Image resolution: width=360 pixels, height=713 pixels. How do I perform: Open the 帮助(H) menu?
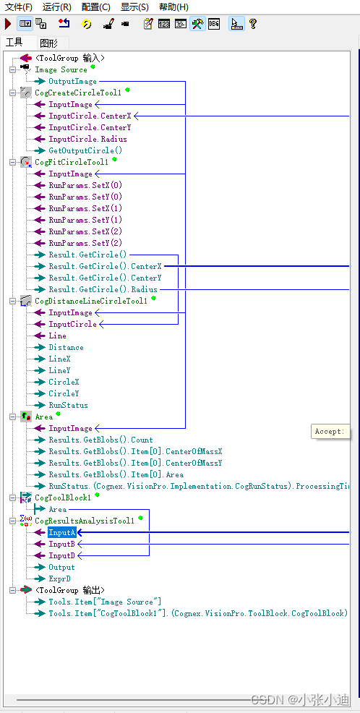tap(173, 7)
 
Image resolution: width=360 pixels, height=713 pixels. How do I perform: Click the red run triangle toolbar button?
tap(8, 24)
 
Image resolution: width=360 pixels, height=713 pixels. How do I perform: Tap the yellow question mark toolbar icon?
tap(253, 24)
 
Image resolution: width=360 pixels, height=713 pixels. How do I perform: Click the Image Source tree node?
tap(61, 70)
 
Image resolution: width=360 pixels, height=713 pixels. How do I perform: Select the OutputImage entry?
tap(72, 82)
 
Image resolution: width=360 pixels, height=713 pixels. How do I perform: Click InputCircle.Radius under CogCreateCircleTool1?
tap(87, 140)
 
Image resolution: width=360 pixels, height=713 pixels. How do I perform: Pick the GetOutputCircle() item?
tap(85, 151)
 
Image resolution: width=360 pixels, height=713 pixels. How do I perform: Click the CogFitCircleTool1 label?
tap(72, 163)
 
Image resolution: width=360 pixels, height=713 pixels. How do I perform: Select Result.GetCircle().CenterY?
tap(105, 278)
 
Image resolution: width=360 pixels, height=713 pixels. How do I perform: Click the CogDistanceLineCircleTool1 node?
tap(91, 302)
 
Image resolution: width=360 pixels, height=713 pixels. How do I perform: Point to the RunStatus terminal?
tap(68, 406)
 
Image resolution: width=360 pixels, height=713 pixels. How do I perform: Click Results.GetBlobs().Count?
tap(100, 440)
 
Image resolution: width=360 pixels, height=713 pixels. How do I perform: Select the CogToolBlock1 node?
tap(63, 498)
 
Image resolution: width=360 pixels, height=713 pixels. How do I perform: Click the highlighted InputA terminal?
tap(61, 533)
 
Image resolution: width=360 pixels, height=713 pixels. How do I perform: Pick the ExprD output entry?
tap(59, 579)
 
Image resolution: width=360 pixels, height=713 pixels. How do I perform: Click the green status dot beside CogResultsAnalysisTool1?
tap(141, 518)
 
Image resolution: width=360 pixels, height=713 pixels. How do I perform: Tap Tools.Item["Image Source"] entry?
tap(105, 602)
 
